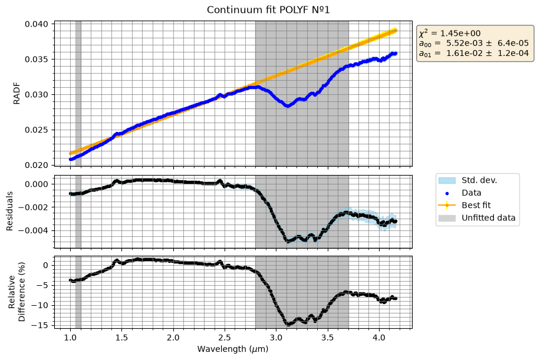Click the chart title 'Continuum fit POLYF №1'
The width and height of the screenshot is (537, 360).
[268, 9]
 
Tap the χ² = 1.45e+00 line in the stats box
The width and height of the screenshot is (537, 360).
[450, 33]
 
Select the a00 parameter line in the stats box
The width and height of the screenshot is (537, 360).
[474, 43]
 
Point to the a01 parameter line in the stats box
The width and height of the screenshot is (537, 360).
[474, 53]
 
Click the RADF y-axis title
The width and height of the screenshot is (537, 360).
[16, 94]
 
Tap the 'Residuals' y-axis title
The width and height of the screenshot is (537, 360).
[9, 211]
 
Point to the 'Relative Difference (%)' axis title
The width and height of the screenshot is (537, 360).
[17, 292]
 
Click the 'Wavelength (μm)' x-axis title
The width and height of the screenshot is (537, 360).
[233, 349]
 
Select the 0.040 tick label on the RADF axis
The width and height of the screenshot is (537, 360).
[39, 24]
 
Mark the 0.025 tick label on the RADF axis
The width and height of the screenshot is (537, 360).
[39, 130]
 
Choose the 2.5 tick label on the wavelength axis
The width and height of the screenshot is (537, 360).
[225, 338]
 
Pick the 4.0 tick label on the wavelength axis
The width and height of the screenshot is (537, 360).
[379, 338]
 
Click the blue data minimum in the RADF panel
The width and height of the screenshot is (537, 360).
[288, 105]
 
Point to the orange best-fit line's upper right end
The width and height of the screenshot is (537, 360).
[396, 31]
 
